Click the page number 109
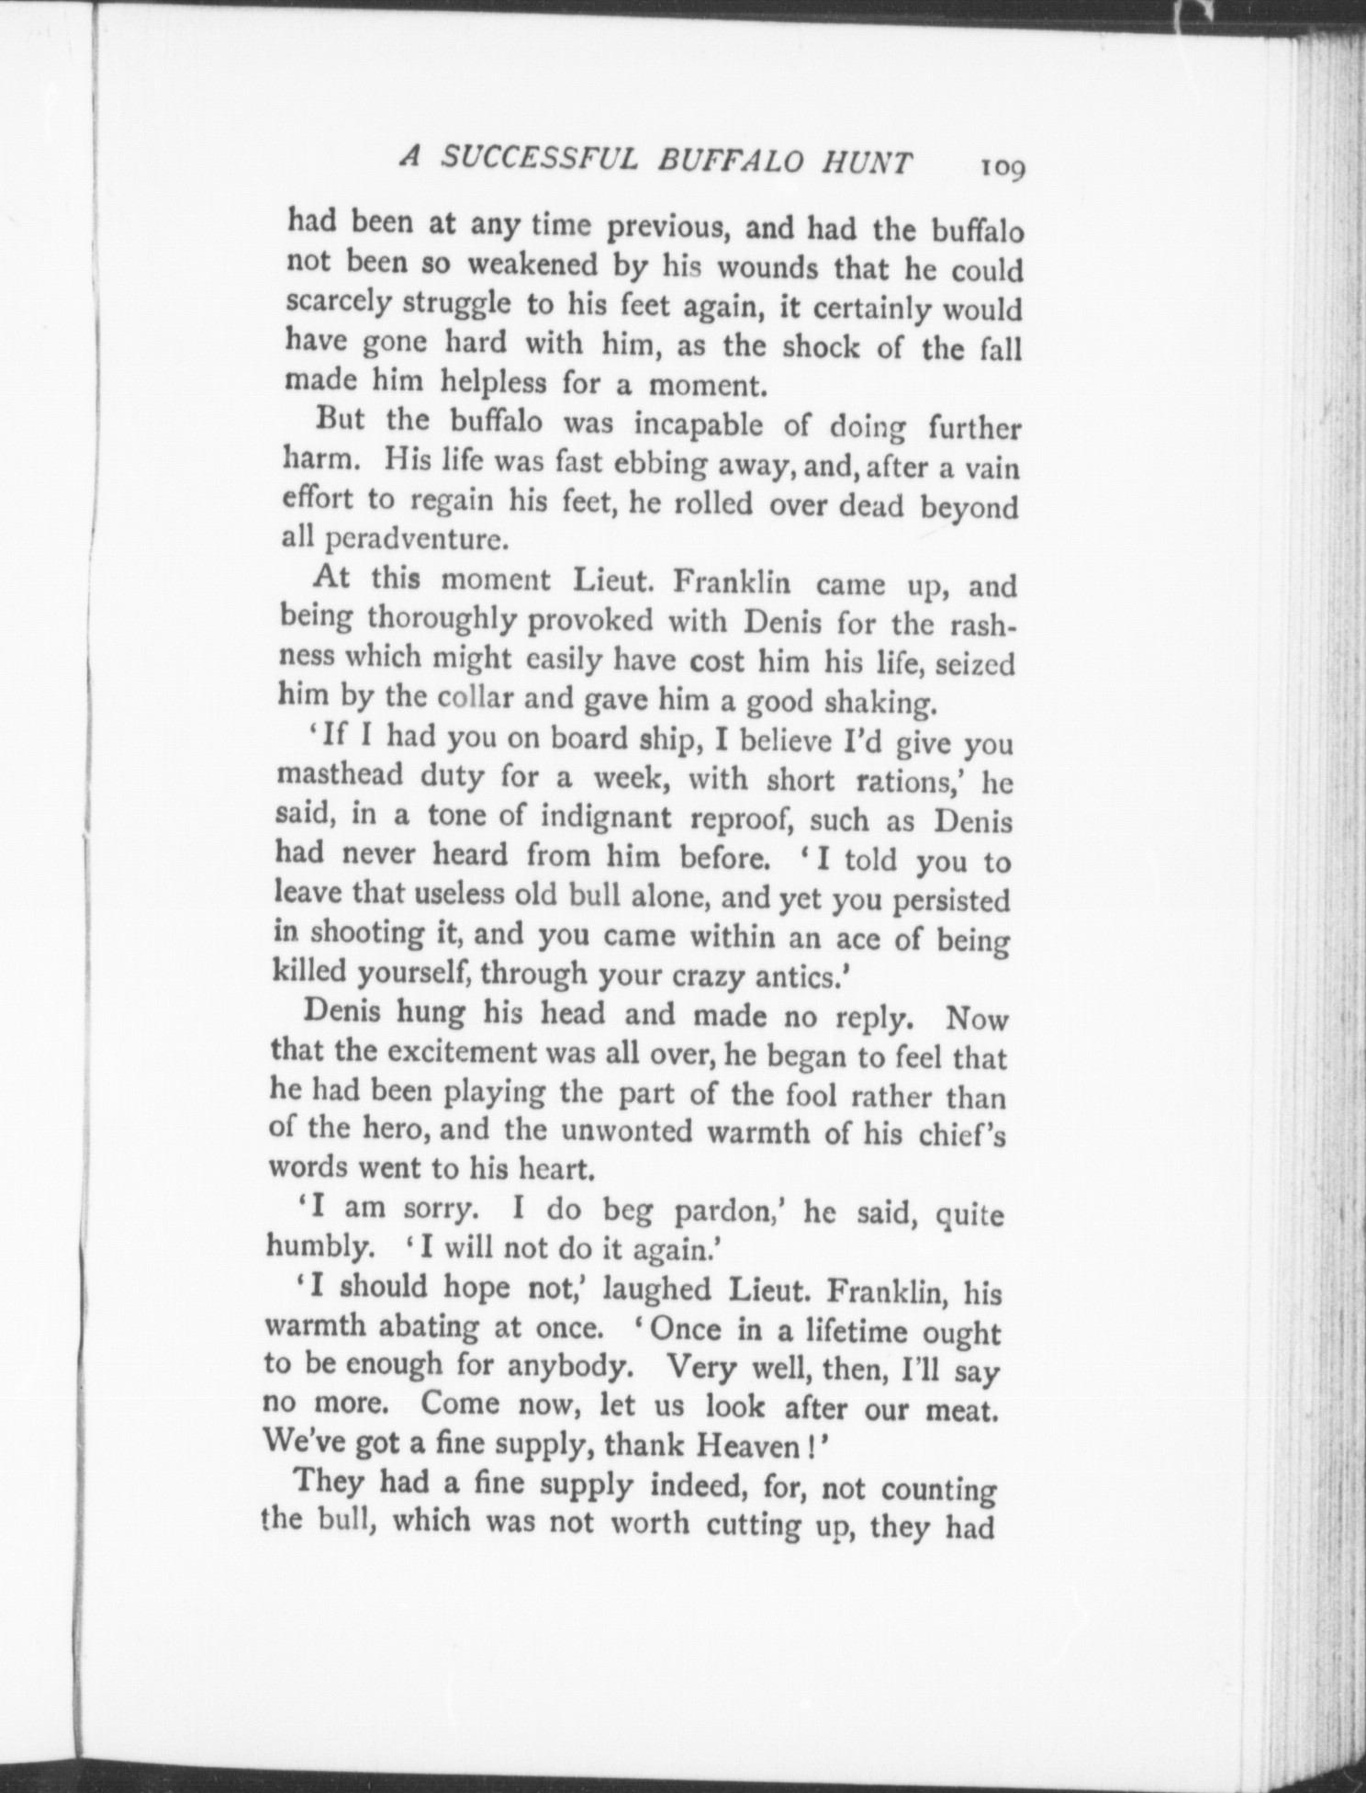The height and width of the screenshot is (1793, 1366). click(x=1003, y=168)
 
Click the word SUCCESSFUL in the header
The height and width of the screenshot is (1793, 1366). click(x=538, y=160)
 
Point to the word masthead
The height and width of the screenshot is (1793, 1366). click(x=340, y=775)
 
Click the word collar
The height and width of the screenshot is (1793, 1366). click(x=499, y=697)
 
